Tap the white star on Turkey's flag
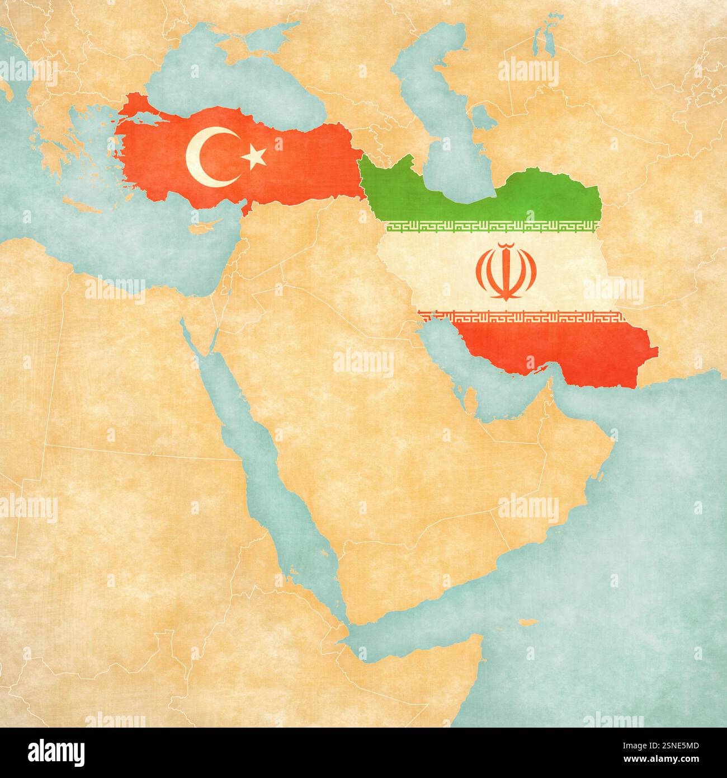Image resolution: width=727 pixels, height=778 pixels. click(254, 157)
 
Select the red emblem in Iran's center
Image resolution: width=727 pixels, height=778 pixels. click(506, 272)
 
